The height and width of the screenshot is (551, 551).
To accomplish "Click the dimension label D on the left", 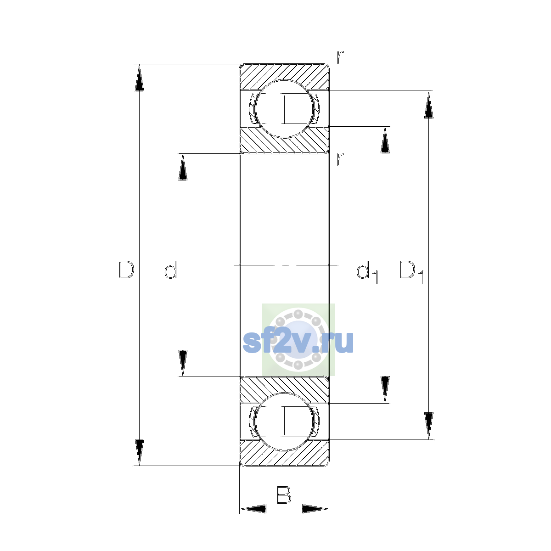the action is pyautogui.click(x=126, y=270).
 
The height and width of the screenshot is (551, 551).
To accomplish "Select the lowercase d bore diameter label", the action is pyautogui.click(x=170, y=270).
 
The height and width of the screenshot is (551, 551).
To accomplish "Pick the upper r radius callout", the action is pyautogui.click(x=340, y=57).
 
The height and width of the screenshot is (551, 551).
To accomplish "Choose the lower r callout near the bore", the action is pyautogui.click(x=340, y=159).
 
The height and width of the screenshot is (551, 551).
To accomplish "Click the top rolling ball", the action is pyautogui.click(x=284, y=109).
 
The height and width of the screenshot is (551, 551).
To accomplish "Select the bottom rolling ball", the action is pyautogui.click(x=284, y=422).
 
